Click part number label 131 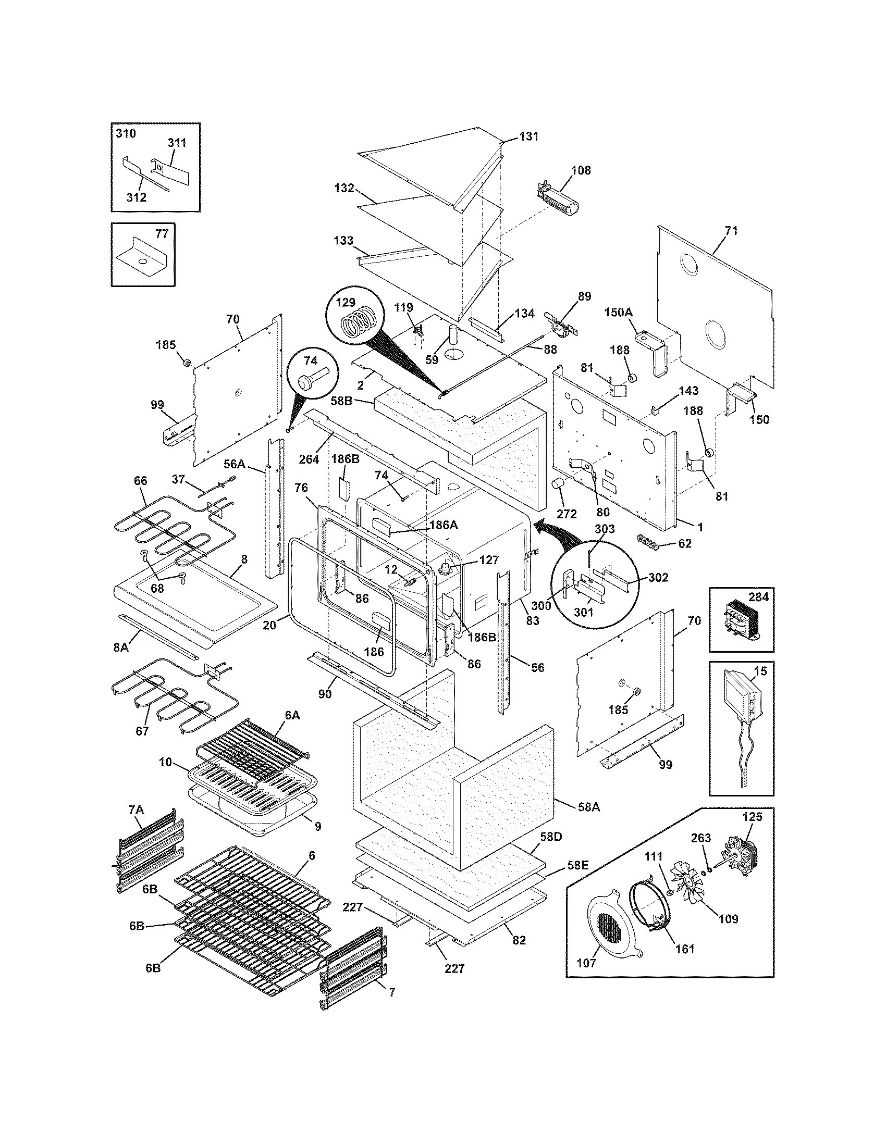tap(529, 136)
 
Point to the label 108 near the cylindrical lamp tap(581, 170)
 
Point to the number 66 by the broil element tap(141, 481)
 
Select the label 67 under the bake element tap(142, 731)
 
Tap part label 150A tap(618, 312)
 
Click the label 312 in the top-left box tap(136, 197)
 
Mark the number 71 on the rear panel tap(731, 231)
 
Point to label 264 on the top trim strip tap(309, 459)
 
